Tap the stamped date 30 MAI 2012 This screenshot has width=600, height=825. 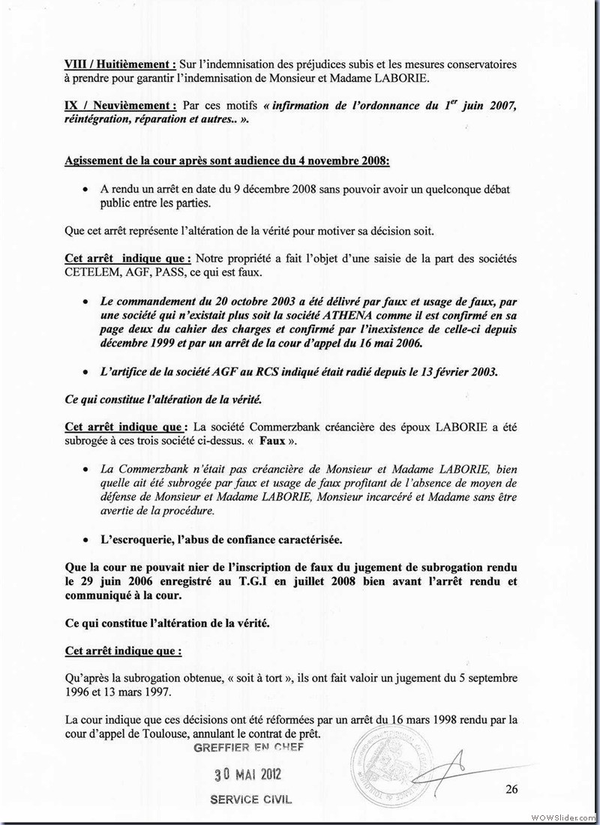click(248, 774)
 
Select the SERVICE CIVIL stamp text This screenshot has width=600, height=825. click(251, 799)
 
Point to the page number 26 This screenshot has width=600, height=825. click(511, 788)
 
